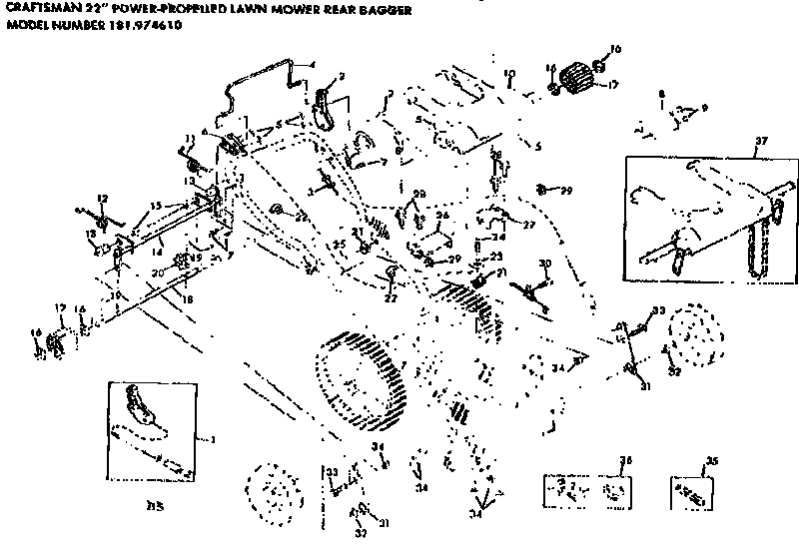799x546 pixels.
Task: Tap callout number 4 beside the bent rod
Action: [313, 64]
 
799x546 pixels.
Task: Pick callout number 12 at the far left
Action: [101, 199]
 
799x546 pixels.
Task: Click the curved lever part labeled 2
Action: [322, 108]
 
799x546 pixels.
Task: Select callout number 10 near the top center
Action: [508, 73]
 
